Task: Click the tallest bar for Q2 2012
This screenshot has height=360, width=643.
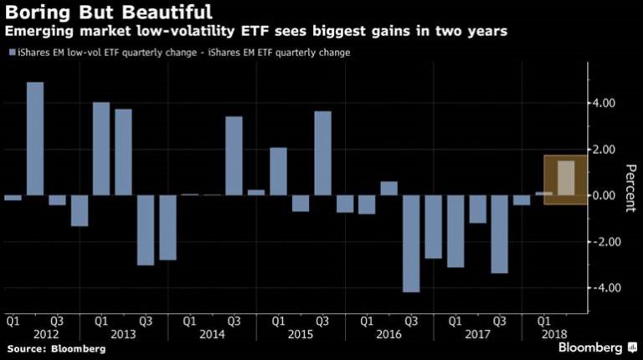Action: pyautogui.click(x=35, y=138)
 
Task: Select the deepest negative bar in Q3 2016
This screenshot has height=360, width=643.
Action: pyautogui.click(x=411, y=244)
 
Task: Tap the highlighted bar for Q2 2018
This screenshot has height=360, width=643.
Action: pyautogui.click(x=565, y=177)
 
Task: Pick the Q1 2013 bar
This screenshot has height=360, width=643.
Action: pyautogui.click(x=101, y=149)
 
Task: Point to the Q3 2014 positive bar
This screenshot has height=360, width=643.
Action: pyautogui.click(x=234, y=156)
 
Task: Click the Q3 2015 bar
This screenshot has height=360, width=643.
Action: pyautogui.click(x=322, y=153)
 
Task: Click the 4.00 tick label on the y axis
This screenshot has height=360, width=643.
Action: pyautogui.click(x=603, y=103)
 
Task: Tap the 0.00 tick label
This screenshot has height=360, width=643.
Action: pyautogui.click(x=603, y=195)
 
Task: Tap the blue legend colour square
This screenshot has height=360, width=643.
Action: pyautogui.click(x=10, y=52)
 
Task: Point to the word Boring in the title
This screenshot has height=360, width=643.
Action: pyautogui.click(x=33, y=13)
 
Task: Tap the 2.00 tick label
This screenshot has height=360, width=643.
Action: pyautogui.click(x=603, y=149)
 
